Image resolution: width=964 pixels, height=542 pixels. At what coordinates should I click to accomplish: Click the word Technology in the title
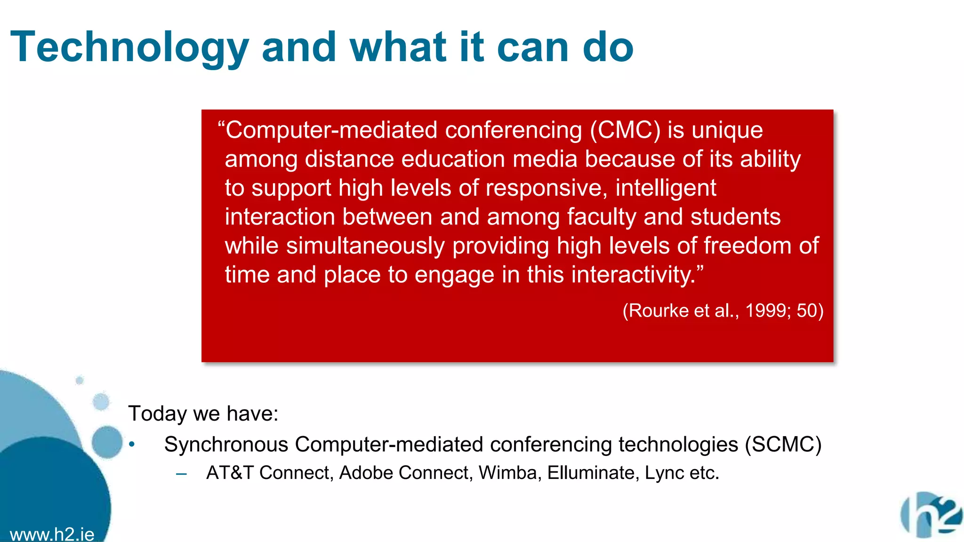(129, 47)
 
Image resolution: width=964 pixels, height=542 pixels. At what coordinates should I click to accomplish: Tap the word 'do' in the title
(608, 47)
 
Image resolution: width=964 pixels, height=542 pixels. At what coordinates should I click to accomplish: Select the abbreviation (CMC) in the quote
(626, 130)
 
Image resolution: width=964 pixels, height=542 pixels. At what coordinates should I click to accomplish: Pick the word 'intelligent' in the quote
(666, 188)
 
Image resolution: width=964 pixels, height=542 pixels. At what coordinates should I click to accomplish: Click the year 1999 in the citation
(765, 311)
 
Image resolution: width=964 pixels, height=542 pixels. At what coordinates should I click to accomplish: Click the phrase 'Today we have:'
(203, 414)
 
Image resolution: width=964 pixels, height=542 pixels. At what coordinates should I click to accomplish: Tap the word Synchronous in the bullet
(226, 445)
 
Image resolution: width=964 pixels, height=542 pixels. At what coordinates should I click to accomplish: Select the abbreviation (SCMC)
(783, 445)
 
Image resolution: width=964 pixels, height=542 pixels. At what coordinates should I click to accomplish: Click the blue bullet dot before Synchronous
(132, 444)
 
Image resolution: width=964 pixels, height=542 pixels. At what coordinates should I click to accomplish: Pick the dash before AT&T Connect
(181, 474)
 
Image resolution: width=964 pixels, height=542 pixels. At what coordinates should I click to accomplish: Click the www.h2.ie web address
(52, 534)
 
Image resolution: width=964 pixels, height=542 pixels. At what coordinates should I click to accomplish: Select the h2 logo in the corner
(931, 515)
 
